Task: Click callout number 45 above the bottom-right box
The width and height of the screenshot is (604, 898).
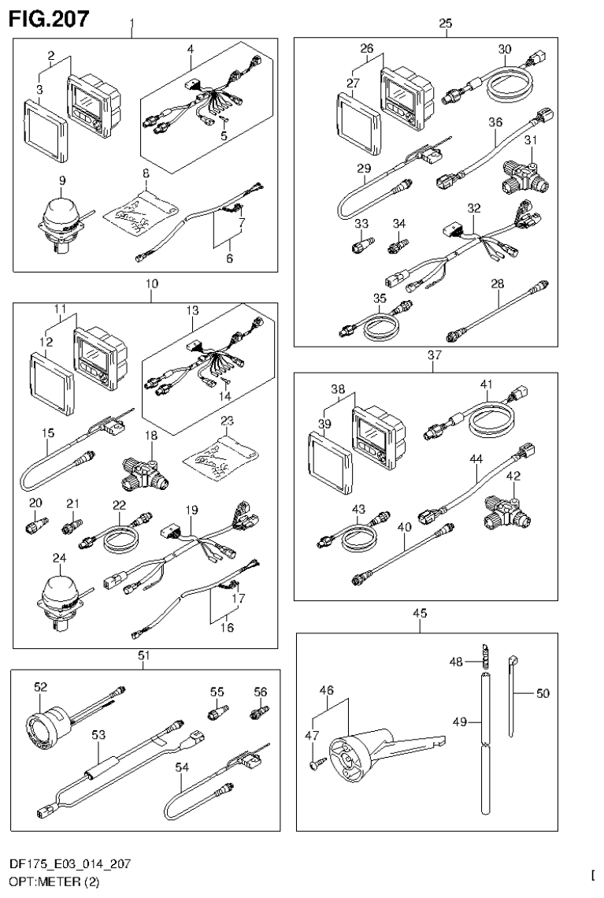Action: [x=419, y=614]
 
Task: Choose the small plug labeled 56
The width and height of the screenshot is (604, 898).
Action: [x=257, y=714]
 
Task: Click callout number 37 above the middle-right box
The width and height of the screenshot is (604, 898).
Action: [x=434, y=355]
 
